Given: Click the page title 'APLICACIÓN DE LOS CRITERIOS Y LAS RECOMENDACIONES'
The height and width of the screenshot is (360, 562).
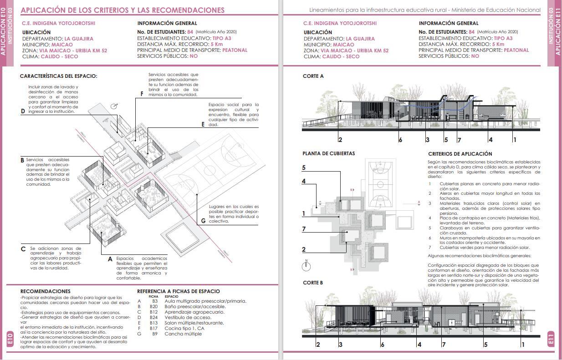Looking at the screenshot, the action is tap(123, 10).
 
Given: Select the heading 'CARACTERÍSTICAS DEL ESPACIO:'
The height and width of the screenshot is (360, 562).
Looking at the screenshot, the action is tap(58, 76).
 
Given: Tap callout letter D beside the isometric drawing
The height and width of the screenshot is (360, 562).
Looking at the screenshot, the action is tap(23, 111).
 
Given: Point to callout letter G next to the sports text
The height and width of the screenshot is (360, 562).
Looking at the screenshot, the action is tap(203, 221).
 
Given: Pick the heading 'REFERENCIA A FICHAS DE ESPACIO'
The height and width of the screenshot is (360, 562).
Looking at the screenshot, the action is tap(178, 291).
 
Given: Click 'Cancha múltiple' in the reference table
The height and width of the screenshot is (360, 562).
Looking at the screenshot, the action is tap(183, 334).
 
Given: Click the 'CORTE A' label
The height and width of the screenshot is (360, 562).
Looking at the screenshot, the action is tap(313, 76).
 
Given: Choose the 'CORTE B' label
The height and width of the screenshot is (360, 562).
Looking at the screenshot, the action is tap(313, 283).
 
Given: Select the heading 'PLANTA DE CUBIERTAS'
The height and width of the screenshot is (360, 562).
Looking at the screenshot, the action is tap(328, 154).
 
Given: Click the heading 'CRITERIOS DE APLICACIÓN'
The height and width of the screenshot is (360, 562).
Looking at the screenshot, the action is tap(460, 154).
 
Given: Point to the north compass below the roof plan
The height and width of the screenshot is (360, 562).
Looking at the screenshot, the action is tap(307, 265).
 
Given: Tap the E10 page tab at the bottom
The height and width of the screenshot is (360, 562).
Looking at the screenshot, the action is tap(10, 339).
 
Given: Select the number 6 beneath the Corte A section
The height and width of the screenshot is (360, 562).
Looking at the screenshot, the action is tap(400, 140).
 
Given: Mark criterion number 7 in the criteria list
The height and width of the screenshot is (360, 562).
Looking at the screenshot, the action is tap(429, 248).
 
